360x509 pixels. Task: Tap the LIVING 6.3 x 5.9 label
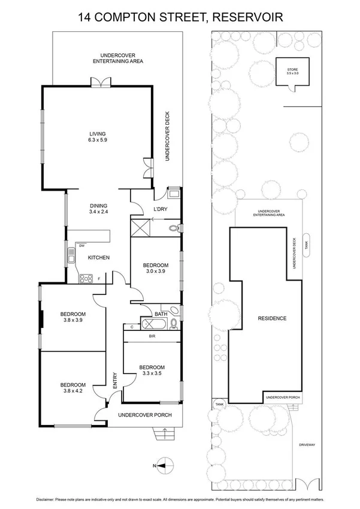tap(98, 137)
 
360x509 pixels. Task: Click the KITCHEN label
tap(99, 257)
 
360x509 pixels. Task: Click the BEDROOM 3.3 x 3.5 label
tap(151, 370)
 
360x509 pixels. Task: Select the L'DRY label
tap(160, 209)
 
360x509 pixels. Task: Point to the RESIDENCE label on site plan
tap(272, 318)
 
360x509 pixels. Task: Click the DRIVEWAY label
tap(307, 444)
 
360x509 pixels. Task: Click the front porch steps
tap(163, 433)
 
